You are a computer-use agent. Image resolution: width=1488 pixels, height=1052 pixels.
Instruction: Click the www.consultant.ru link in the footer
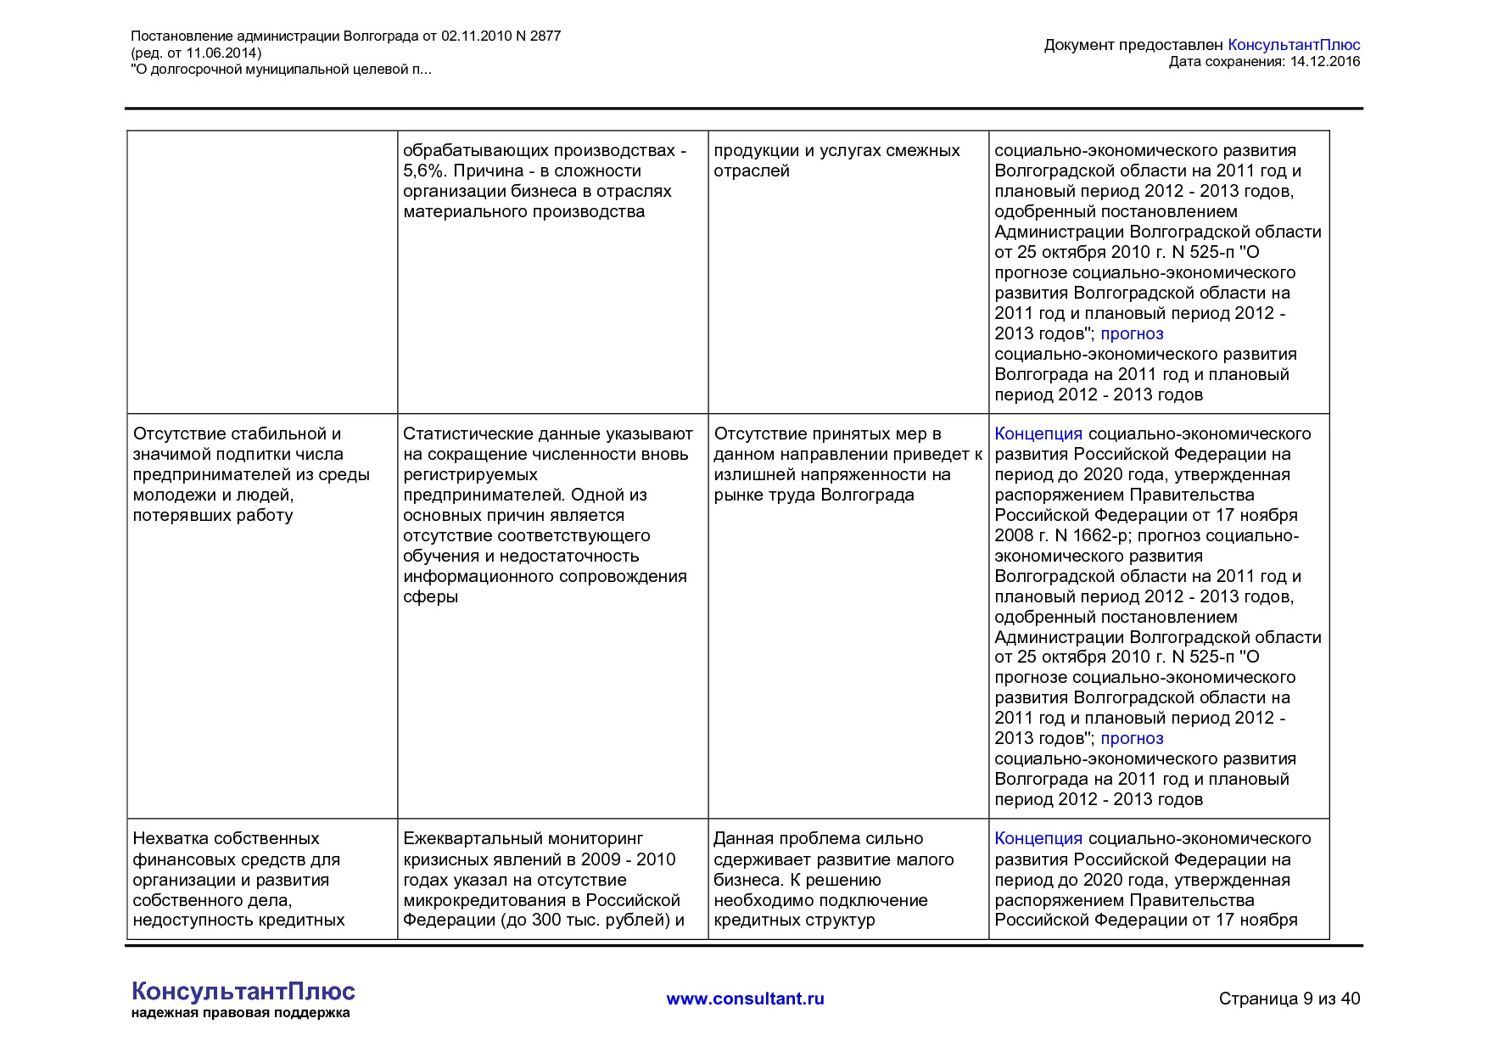pos(745,999)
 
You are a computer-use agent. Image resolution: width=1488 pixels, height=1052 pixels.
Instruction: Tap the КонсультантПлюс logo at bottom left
pos(243,991)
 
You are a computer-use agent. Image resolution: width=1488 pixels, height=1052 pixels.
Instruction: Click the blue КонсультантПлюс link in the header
pos(1293,45)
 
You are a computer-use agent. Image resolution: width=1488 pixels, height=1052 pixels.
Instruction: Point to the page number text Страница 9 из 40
pos(1289,999)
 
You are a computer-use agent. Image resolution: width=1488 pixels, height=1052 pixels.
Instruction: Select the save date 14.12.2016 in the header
pos(1324,61)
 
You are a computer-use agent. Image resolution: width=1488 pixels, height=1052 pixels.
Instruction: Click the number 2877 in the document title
pos(545,36)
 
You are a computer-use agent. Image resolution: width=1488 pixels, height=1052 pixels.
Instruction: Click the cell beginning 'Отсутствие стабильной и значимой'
pos(251,474)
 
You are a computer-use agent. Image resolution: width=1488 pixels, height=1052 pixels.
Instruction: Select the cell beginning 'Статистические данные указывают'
pos(548,515)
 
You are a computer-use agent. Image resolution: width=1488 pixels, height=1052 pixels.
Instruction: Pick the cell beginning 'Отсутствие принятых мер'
pos(847,464)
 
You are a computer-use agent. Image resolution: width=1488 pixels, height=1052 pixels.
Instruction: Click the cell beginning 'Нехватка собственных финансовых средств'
pos(238,879)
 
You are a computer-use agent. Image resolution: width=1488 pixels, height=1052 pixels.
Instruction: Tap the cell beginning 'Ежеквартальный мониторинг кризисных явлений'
pos(543,879)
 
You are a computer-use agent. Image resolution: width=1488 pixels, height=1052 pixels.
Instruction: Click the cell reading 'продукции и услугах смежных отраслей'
pos(836,160)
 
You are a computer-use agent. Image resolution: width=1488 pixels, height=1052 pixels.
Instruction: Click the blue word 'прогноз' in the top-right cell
pos(1132,333)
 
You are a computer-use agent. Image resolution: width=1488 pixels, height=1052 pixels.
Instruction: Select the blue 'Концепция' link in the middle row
pos(1038,434)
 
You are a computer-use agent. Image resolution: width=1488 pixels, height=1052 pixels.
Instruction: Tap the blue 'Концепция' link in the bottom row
pos(1038,838)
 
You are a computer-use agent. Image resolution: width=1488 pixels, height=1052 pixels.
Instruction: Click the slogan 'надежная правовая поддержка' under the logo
pos(240,1013)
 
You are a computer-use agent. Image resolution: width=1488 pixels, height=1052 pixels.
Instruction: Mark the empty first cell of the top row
pos(262,271)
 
